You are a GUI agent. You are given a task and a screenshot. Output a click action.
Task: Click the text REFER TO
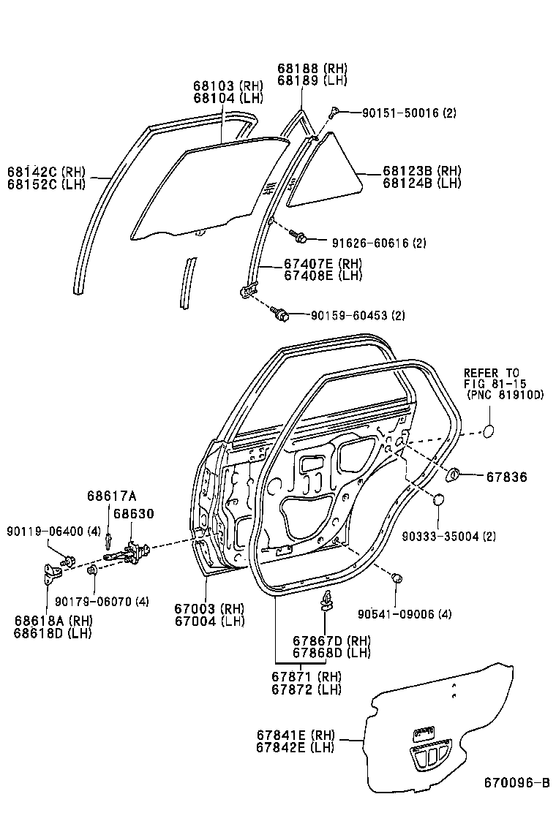point(491,372)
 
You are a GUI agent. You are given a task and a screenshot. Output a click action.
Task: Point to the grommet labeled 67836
point(453,476)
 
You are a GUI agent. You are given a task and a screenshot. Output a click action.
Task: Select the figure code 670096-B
point(516,783)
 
